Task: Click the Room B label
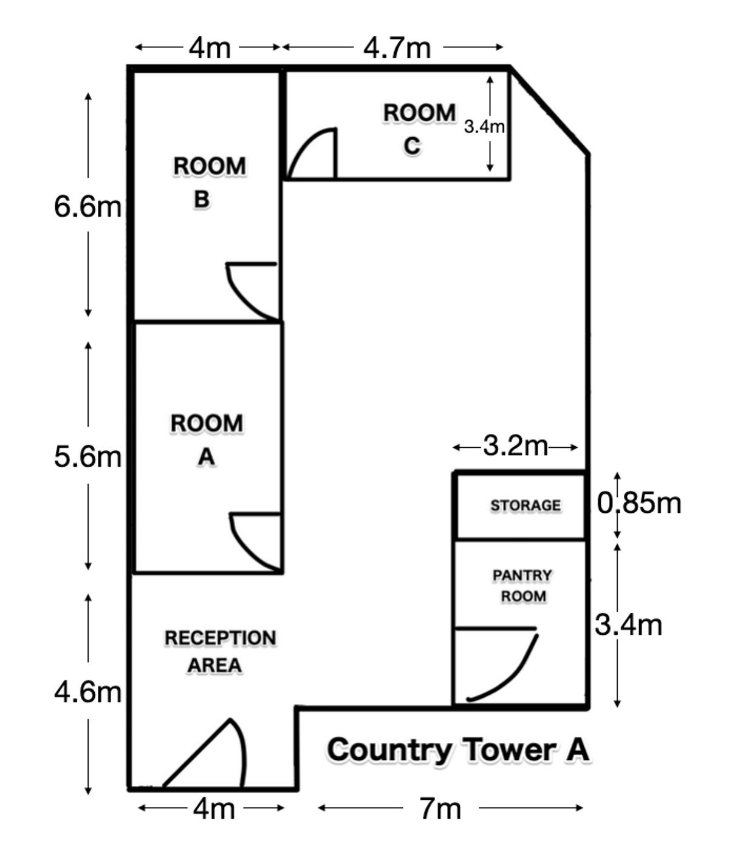click(x=209, y=183)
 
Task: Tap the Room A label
click(x=207, y=439)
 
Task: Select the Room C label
click(x=419, y=129)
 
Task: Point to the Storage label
click(x=525, y=505)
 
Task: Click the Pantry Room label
click(x=522, y=585)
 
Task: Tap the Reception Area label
click(x=220, y=651)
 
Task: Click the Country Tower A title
click(x=458, y=750)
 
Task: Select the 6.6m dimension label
click(x=87, y=206)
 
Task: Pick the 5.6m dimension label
click(x=87, y=456)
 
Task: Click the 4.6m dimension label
click(x=87, y=692)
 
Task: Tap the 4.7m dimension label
click(x=397, y=48)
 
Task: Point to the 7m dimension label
click(x=440, y=808)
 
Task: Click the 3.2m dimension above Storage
click(x=515, y=445)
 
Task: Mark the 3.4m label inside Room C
click(x=484, y=126)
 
